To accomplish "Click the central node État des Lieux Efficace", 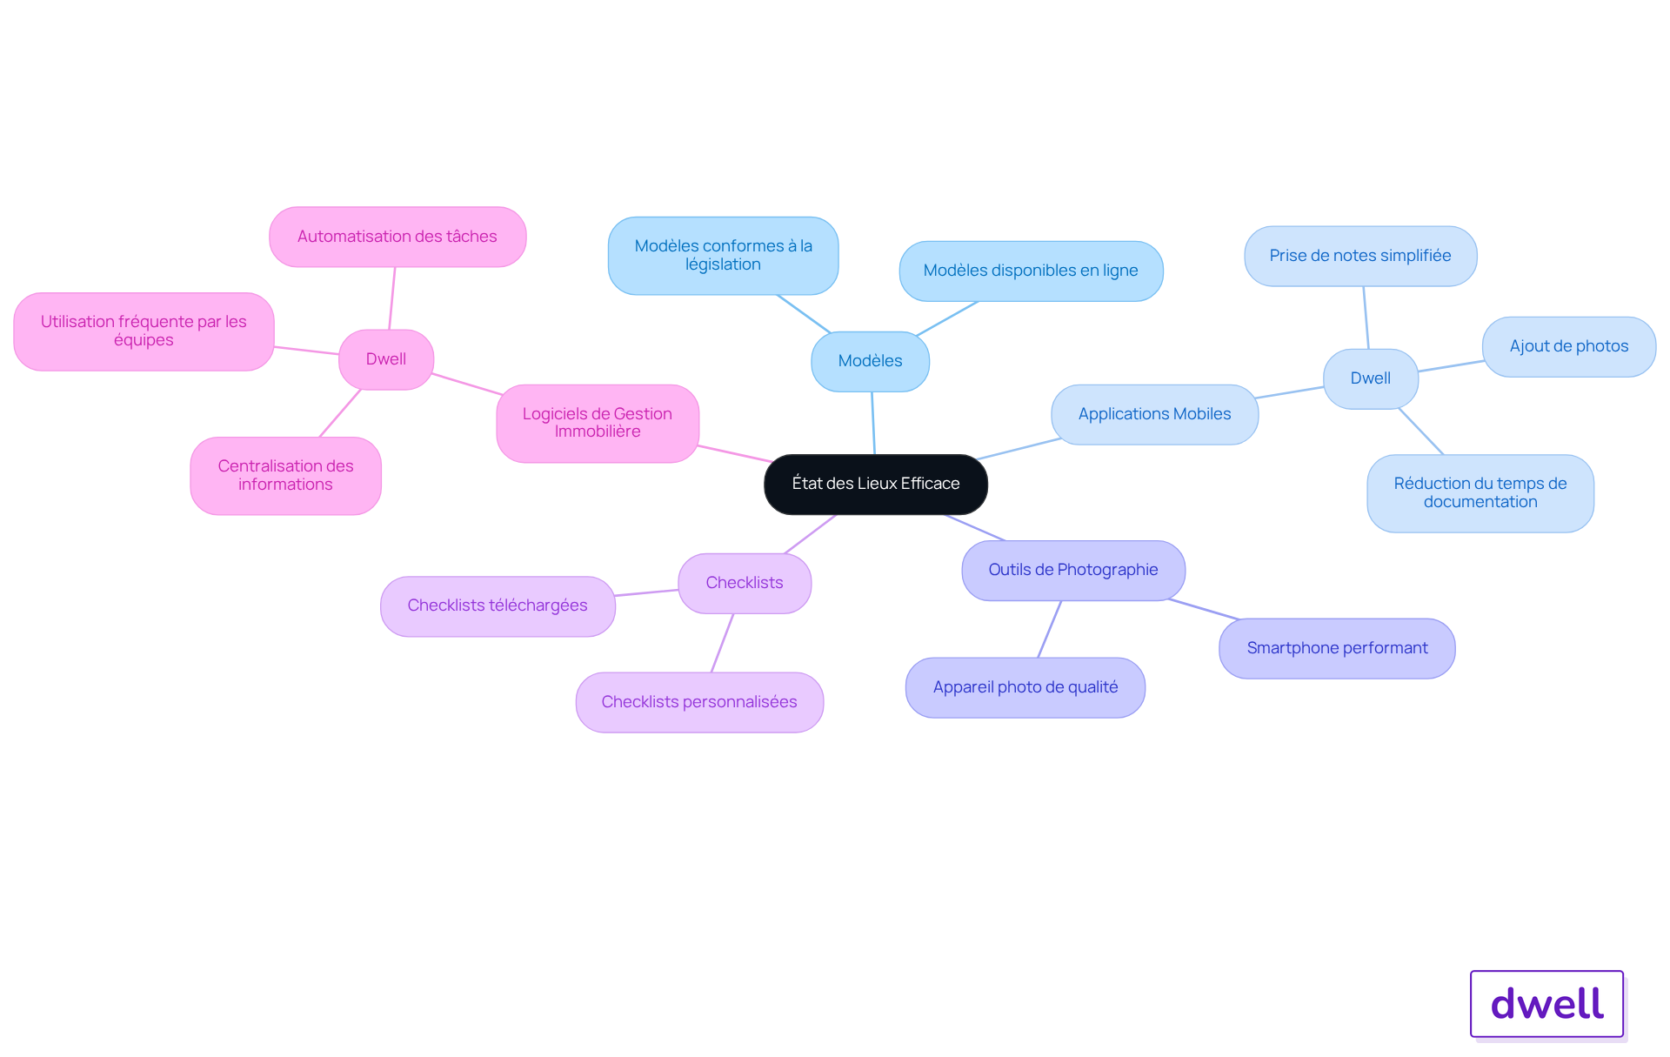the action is click(x=875, y=484).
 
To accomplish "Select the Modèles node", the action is click(x=870, y=361).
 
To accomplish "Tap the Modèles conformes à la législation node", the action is click(x=723, y=255).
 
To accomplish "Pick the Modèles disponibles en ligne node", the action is click(x=1031, y=271).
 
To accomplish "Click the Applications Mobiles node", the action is click(x=1154, y=414).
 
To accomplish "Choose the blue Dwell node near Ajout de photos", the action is click(x=1370, y=378).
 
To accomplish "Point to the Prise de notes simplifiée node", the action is click(x=1359, y=256).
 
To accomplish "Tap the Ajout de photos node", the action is click(x=1568, y=346).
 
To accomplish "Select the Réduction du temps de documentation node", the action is click(x=1480, y=492).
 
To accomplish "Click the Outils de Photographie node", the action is click(x=1072, y=570).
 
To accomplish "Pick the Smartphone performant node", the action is click(x=1336, y=648).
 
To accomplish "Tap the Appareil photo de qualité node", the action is click(x=1025, y=687).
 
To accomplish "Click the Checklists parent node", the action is click(x=744, y=583).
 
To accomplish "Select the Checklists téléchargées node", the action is click(x=498, y=605).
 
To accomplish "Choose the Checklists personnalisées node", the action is click(x=698, y=702).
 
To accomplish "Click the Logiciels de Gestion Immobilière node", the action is click(x=597, y=423).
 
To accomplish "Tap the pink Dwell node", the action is click(x=385, y=359).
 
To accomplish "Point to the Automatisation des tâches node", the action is click(x=397, y=237).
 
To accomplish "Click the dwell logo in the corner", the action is click(x=1546, y=1004).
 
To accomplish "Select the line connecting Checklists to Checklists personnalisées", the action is click(x=722, y=644).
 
